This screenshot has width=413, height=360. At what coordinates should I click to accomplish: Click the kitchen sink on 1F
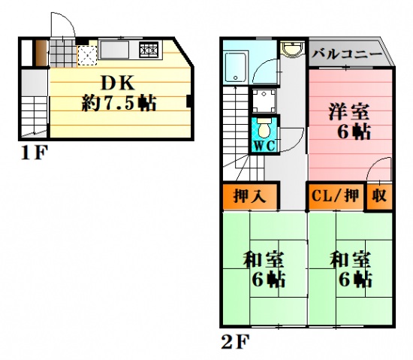tap(116, 51)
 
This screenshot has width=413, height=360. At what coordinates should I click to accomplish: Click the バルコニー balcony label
tap(347, 53)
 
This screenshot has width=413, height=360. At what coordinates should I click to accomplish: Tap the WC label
tap(264, 147)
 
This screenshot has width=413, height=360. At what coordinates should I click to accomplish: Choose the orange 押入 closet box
tap(250, 197)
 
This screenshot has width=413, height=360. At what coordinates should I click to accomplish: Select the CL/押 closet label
tap(336, 197)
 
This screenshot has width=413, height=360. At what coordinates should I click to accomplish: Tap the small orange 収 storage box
tap(378, 197)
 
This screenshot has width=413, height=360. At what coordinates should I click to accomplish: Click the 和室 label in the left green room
tap(263, 261)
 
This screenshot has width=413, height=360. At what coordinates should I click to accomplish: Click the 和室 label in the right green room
tap(351, 261)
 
